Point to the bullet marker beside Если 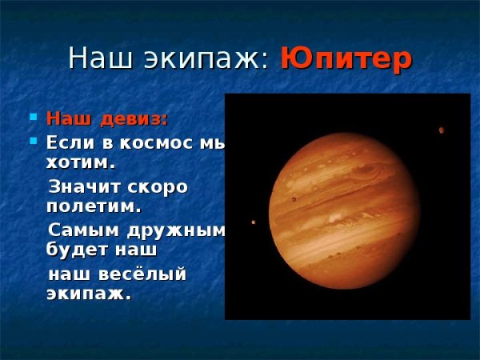click(33, 142)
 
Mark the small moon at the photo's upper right click(441, 130)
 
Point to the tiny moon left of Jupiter click(254, 222)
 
